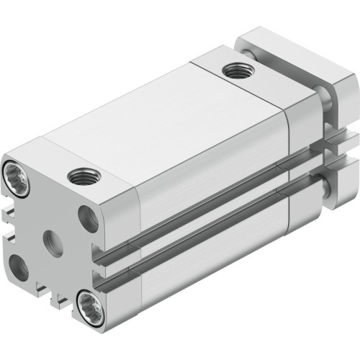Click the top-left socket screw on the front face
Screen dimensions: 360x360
[x=18, y=174]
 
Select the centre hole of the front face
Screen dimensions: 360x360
[x=55, y=237]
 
